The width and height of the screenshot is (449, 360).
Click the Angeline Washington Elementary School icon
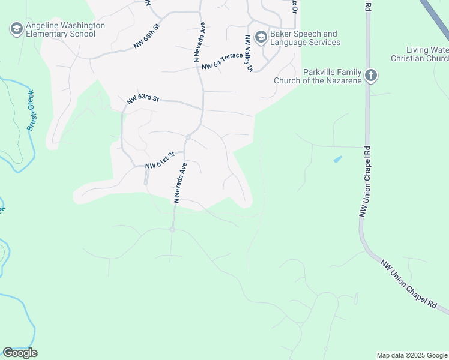pyautogui.click(x=16, y=28)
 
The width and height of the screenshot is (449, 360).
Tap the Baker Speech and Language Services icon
pyautogui.click(x=261, y=37)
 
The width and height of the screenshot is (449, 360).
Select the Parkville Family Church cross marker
pyautogui.click(x=371, y=76)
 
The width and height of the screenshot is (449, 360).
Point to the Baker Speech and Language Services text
pyautogui.click(x=305, y=38)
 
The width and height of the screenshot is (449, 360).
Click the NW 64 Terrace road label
pyautogui.click(x=223, y=61)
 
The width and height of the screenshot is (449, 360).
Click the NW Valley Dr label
pyautogui.click(x=249, y=53)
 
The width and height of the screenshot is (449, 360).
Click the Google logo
pyautogui.click(x=20, y=353)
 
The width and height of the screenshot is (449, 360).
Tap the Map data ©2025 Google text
pyautogui.click(x=411, y=355)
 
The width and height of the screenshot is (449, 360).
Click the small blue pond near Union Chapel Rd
pyautogui.click(x=337, y=159)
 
